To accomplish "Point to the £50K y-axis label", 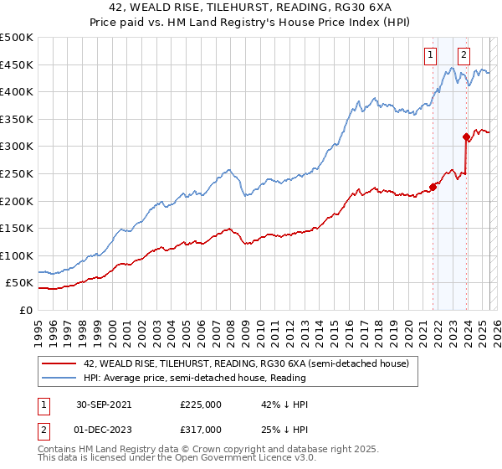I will (20, 283).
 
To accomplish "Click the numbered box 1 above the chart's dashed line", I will (430, 56).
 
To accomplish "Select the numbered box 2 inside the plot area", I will (463, 56).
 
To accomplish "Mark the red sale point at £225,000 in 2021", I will (433, 187).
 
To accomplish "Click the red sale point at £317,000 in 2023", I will (466, 137).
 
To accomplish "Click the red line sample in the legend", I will (59, 364).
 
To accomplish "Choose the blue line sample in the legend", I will (59, 379).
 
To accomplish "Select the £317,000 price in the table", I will (200, 429).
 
